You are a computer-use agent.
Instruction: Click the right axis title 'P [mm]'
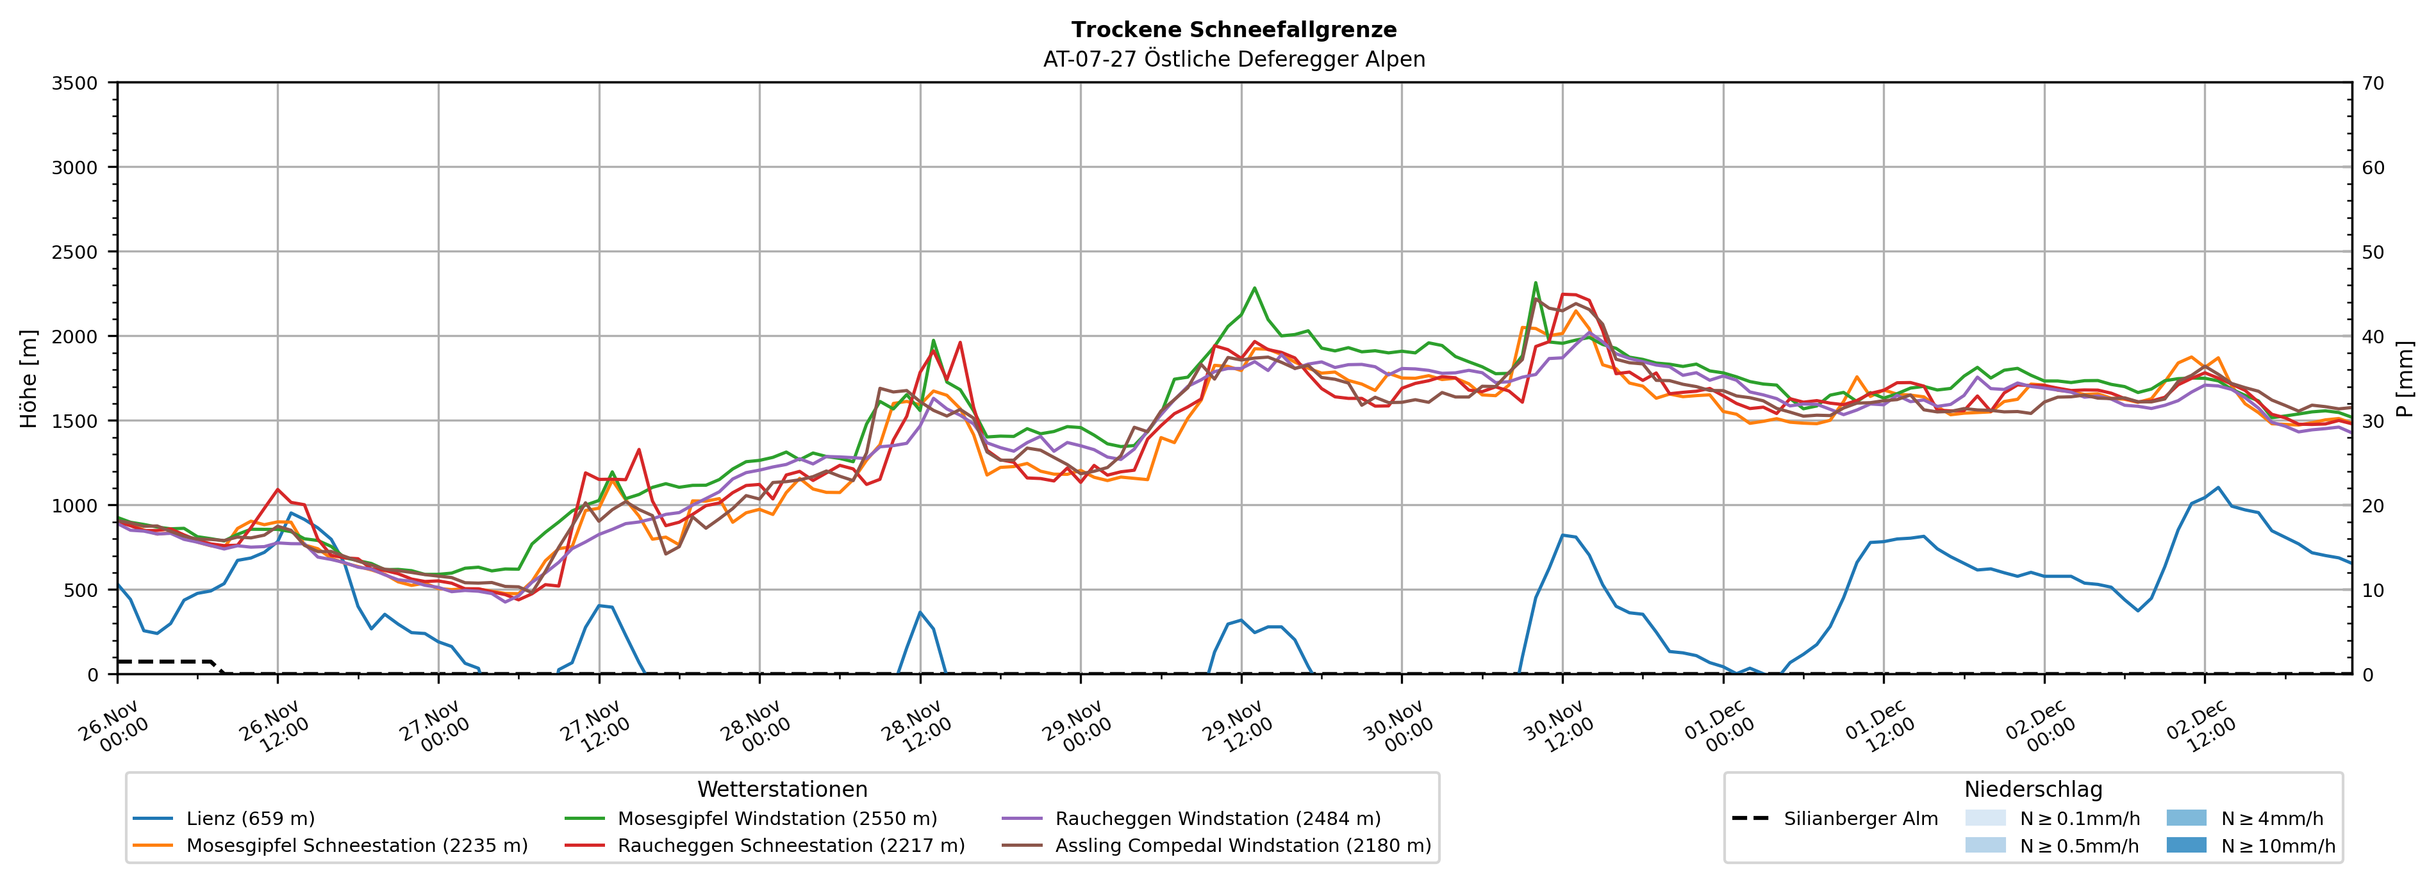tap(2405, 378)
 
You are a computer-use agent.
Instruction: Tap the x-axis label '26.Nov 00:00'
tap(113, 726)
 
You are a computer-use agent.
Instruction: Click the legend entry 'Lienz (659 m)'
tap(250, 819)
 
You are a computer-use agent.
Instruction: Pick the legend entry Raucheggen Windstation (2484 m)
tap(1217, 819)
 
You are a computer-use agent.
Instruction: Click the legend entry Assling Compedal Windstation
tap(1243, 845)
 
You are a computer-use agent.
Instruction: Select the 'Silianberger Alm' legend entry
tap(1860, 819)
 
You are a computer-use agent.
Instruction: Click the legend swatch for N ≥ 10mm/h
tap(2185, 845)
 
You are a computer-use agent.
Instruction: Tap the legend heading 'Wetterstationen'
tap(782, 789)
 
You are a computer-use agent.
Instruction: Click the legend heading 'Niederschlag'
tap(2033, 789)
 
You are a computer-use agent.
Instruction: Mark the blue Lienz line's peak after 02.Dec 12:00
tap(2217, 488)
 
